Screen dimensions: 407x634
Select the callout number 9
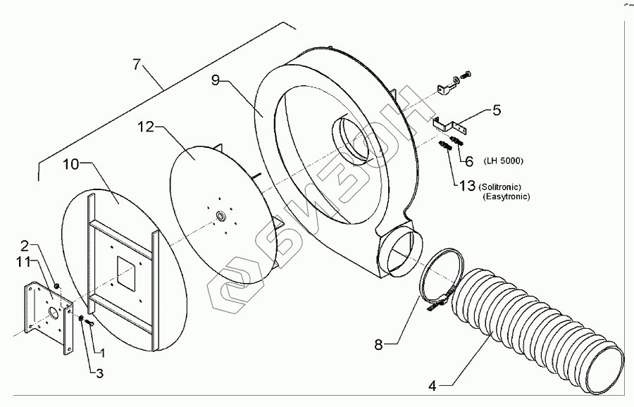coord(218,80)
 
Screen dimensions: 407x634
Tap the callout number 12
coord(145,127)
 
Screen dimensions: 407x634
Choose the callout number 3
coord(99,373)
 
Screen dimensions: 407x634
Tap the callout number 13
coord(468,187)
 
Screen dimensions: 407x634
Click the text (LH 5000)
coord(503,161)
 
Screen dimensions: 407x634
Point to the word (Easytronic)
coord(506,197)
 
